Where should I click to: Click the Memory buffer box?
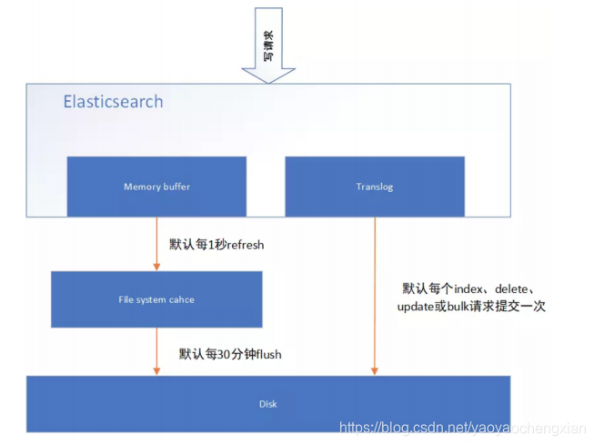coord(156,187)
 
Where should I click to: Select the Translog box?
coord(374,187)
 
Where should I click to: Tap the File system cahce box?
coord(156,299)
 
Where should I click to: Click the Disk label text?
coord(268,404)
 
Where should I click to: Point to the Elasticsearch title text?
coord(113,101)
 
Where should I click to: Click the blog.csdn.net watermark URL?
coord(461,427)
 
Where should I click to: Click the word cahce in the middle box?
coord(181,299)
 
